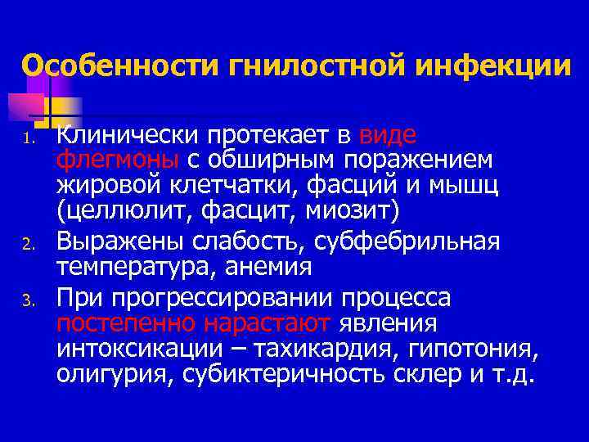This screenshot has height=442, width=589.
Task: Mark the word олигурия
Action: [x=114, y=376]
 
